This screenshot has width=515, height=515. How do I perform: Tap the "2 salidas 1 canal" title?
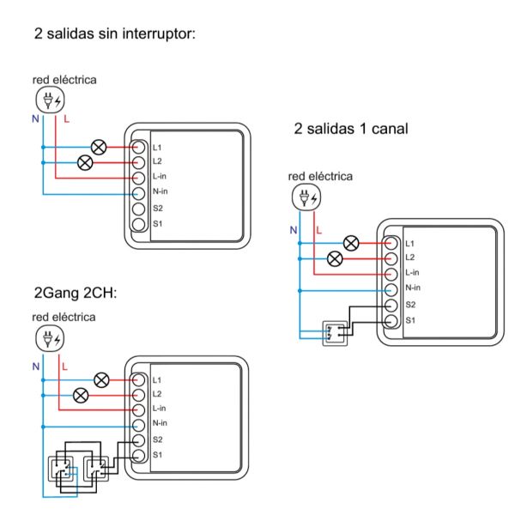point(350,129)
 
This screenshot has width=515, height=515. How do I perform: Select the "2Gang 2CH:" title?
point(75,294)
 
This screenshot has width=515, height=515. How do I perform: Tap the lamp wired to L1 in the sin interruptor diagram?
point(98,147)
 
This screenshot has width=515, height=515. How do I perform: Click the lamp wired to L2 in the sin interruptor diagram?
point(85,161)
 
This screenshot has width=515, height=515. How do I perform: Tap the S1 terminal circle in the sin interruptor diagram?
point(138,224)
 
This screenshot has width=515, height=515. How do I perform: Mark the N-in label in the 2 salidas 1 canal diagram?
point(413,288)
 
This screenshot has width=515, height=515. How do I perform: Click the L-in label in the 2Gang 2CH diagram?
point(160,409)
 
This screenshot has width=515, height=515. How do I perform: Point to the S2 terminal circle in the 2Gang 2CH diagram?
point(138,439)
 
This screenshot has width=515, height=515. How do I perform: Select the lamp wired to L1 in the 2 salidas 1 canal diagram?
point(351,243)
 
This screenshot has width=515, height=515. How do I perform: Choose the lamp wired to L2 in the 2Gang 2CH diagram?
point(82,395)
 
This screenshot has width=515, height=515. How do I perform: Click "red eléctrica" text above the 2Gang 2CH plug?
point(64,317)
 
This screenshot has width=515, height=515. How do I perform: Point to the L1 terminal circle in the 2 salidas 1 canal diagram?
point(391,243)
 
